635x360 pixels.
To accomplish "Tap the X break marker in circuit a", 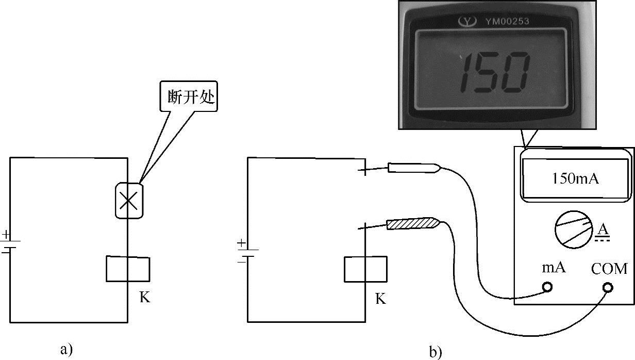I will click(128, 200).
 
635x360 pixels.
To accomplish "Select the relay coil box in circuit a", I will click(128, 269).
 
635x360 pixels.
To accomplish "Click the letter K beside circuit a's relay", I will click(145, 298).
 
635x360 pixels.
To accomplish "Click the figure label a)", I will click(66, 349).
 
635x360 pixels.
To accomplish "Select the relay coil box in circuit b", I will click(365, 269).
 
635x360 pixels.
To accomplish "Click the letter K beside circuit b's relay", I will click(381, 299).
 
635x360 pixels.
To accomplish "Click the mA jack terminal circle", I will click(547, 287).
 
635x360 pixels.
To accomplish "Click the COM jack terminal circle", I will click(608, 287).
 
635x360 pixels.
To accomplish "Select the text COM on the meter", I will click(609, 269).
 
